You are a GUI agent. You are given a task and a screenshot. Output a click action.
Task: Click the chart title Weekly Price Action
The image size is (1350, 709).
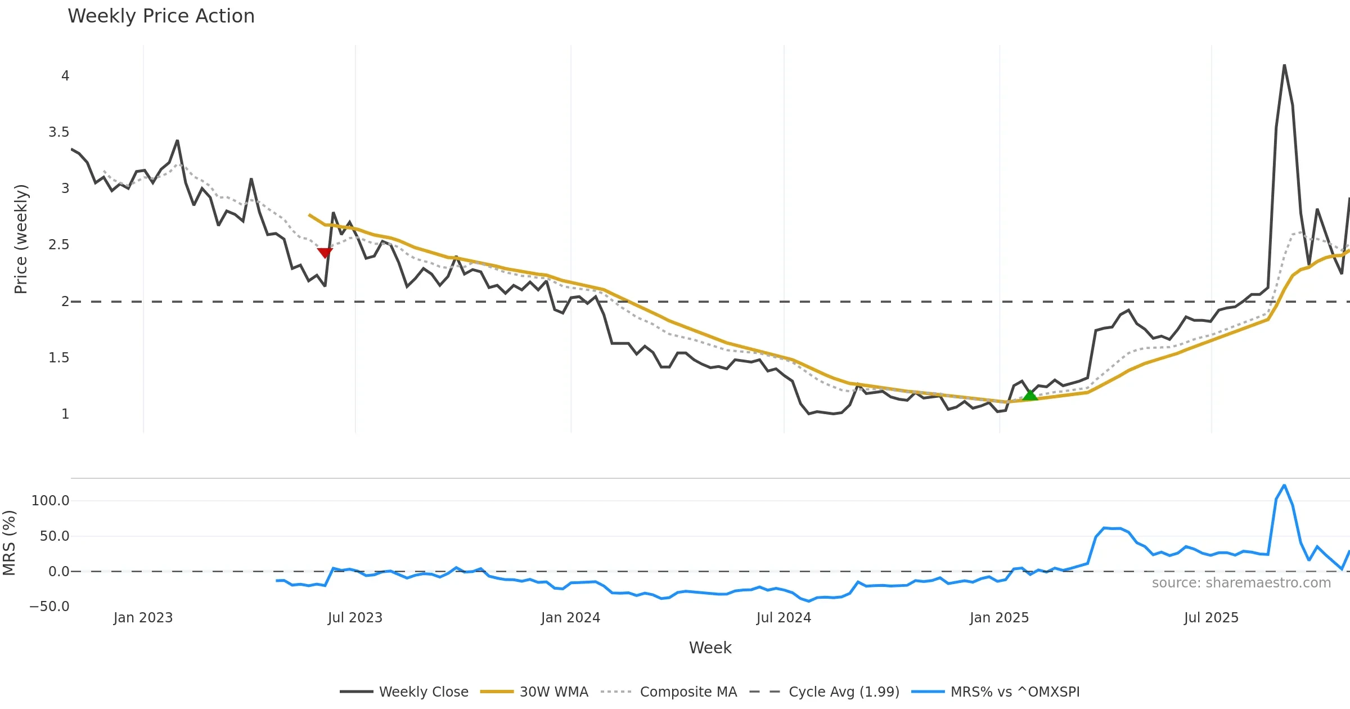161,16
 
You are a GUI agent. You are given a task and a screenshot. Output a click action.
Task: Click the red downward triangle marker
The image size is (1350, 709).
325,253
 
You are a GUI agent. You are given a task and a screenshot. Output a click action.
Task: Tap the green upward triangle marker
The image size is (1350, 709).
1030,395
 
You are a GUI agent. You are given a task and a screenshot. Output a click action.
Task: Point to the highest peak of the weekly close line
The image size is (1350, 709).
1284,65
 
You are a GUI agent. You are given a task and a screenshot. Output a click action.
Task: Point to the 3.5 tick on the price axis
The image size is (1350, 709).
58,132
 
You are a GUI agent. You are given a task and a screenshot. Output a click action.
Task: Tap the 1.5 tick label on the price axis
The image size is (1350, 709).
58,358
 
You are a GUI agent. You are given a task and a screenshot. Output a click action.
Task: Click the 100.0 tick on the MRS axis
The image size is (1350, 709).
50,501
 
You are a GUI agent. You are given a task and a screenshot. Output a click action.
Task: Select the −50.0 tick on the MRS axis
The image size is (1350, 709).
49,607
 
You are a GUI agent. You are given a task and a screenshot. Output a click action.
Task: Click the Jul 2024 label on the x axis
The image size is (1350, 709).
784,618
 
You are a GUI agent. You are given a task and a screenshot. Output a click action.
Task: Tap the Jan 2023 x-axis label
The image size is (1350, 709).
143,618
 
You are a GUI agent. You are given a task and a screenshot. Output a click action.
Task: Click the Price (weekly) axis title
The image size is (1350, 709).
21,239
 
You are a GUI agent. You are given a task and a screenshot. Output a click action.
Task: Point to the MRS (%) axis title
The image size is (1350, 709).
9,543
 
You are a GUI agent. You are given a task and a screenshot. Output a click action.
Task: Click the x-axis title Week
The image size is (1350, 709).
710,648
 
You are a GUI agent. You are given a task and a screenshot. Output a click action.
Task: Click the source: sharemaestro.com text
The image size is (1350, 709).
1241,583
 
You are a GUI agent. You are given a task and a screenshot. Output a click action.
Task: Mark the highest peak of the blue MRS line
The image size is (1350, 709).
1284,485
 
